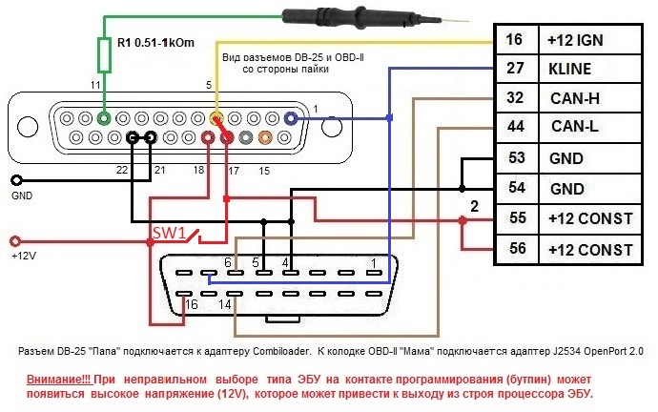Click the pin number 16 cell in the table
coord(515,40)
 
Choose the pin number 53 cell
coord(515,158)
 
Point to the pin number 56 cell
coord(515,250)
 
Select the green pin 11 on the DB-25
coord(106,119)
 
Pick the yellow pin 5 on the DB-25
coord(217,119)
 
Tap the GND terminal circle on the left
coord(15,180)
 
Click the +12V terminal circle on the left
coord(15,241)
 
